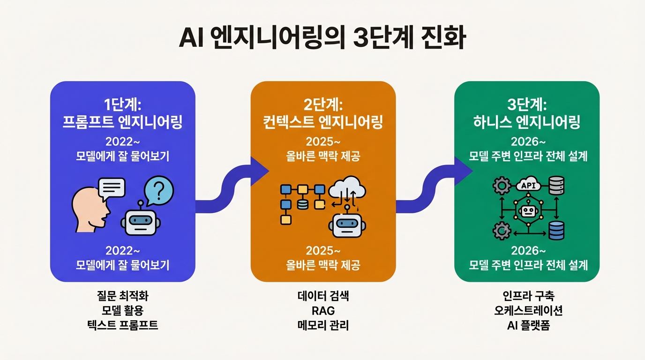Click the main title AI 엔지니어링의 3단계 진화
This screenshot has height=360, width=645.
coord(322,40)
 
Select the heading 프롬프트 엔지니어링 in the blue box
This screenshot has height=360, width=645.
coord(123,122)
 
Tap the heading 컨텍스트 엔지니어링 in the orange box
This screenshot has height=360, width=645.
coord(323,122)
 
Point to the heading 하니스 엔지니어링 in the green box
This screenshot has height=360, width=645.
coord(527,122)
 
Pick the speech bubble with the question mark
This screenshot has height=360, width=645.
coord(159,191)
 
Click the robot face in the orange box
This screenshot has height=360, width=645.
coord(346,225)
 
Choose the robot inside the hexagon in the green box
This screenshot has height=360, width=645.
coord(528,212)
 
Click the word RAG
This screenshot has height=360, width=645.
coord(323,310)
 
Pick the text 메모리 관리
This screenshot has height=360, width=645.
coord(323,325)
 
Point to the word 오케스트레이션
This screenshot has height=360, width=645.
coord(528,310)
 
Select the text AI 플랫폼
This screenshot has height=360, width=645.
coord(528,325)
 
